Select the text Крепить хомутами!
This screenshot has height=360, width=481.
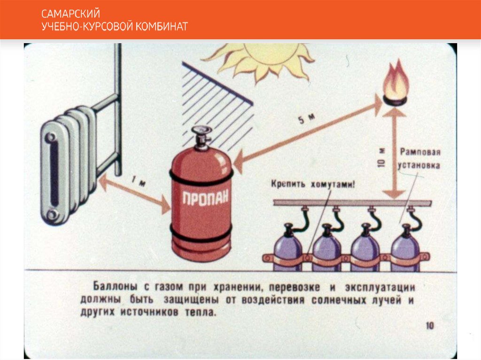[x=313, y=184]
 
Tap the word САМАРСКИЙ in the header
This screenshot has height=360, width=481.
[x=70, y=14]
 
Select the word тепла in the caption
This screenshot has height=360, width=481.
[x=202, y=313]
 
